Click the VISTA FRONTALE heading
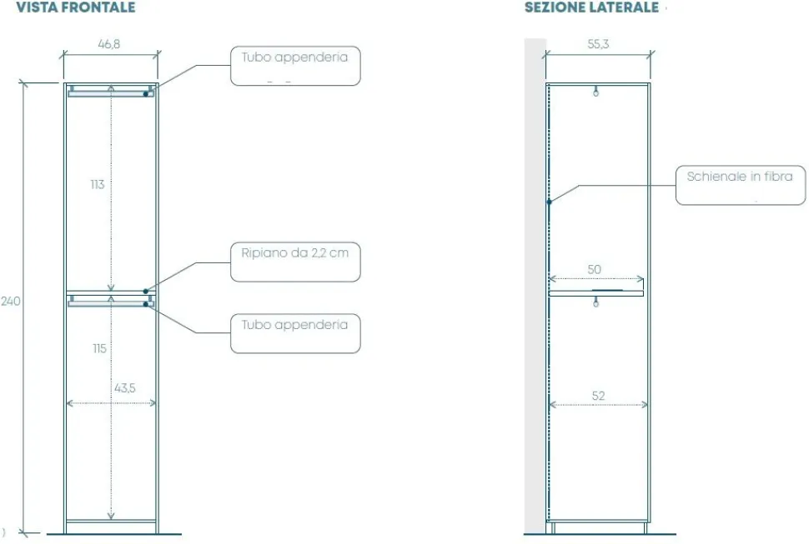pyautogui.click(x=76, y=7)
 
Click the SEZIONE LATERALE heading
pyautogui.click(x=592, y=7)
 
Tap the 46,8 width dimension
pyautogui.click(x=109, y=44)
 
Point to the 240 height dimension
pyautogui.click(x=10, y=301)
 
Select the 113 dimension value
pyautogui.click(x=98, y=184)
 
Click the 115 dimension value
pyautogui.click(x=99, y=348)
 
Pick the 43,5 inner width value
pyautogui.click(x=125, y=388)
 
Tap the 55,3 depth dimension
pyautogui.click(x=598, y=44)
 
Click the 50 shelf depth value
pyautogui.click(x=595, y=269)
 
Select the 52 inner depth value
pyautogui.click(x=598, y=396)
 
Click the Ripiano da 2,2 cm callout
pyautogui.click(x=295, y=262)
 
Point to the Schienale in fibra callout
pyautogui.click(x=741, y=185)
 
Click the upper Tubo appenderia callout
pyautogui.click(x=295, y=66)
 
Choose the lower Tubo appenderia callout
pyautogui.click(x=295, y=333)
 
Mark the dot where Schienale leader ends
pyautogui.click(x=549, y=202)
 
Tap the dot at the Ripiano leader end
pyautogui.click(x=146, y=291)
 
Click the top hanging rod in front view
pyautogui.click(x=110, y=94)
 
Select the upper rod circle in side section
pyautogui.click(x=596, y=93)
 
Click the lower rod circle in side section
pyautogui.click(x=596, y=304)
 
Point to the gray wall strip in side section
pyautogui.click(x=535, y=286)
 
